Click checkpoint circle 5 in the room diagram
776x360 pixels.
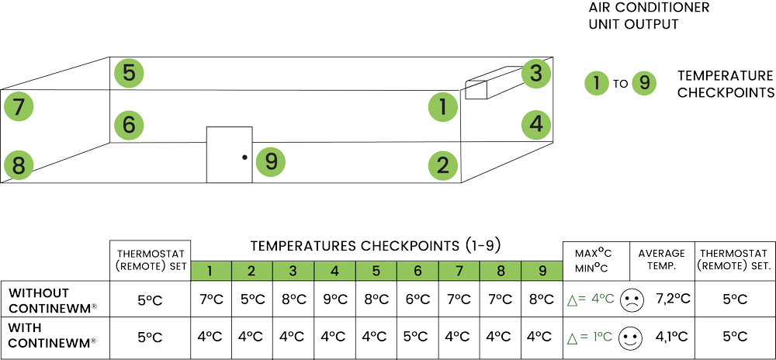pyautogui.click(x=128, y=74)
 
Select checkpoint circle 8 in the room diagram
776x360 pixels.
pyautogui.click(x=19, y=164)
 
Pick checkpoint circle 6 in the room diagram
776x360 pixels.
pyautogui.click(x=128, y=124)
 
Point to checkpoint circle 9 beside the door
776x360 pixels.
pyautogui.click(x=271, y=161)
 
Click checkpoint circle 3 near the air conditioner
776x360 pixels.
pyautogui.click(x=535, y=74)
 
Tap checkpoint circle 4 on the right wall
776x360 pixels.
pyautogui.click(x=535, y=123)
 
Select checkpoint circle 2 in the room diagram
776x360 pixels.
pyautogui.click(x=442, y=164)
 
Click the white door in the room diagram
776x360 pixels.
pyautogui.click(x=229, y=154)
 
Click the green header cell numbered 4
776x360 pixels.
pyautogui.click(x=335, y=271)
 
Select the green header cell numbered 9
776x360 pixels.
pyautogui.click(x=541, y=271)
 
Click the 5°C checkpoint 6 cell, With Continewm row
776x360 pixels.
pyautogui.click(x=417, y=337)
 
